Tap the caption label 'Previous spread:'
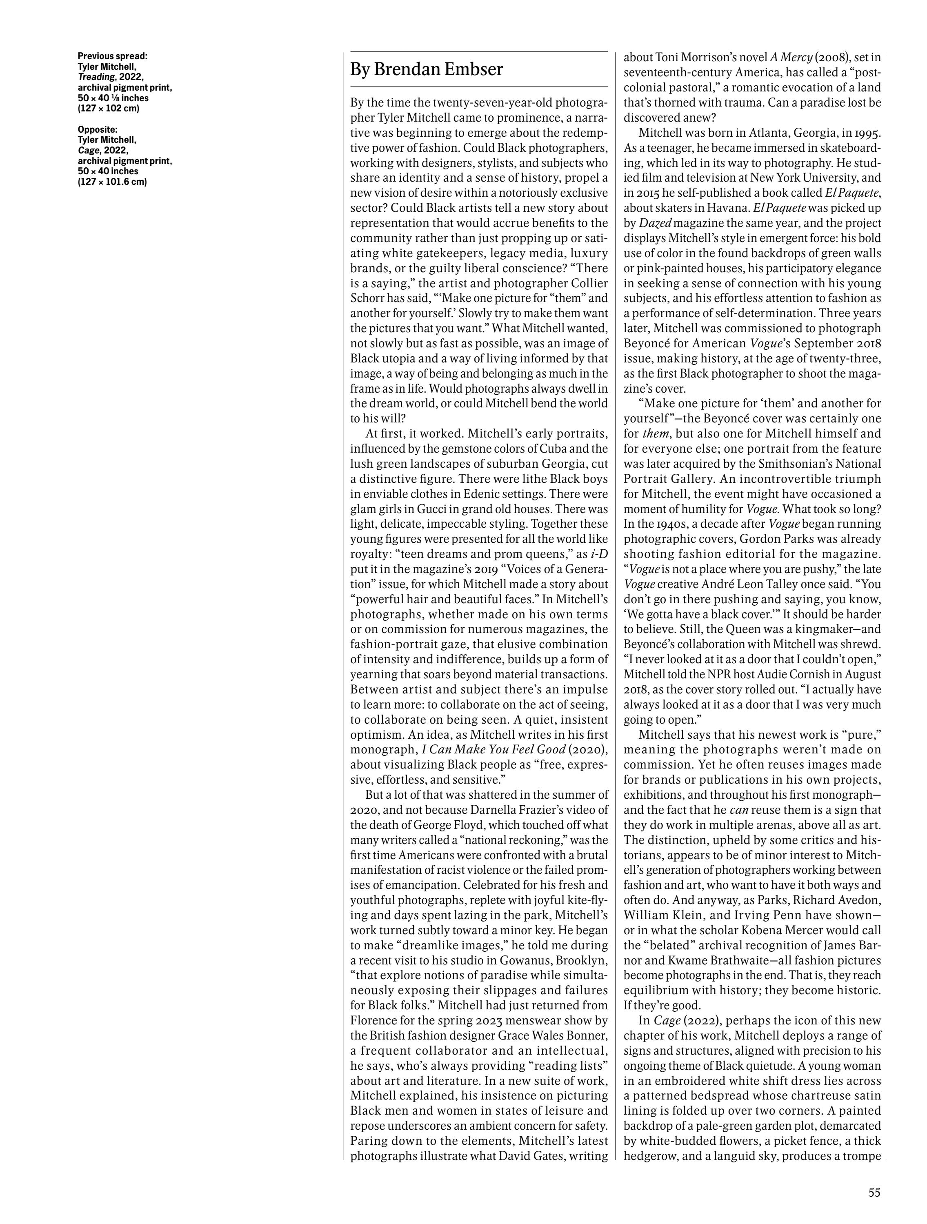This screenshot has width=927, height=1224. [x=112, y=56]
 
